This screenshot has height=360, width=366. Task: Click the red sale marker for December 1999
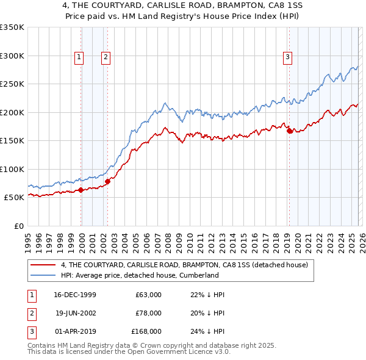click(81, 190)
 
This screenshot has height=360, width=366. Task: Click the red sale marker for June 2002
click(107, 181)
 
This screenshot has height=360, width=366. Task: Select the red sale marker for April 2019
click(289, 130)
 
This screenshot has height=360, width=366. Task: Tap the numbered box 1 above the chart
click(79, 57)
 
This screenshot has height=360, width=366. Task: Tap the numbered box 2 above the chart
click(106, 57)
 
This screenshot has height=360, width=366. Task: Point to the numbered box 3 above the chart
click(287, 57)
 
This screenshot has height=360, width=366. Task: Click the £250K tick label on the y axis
click(12, 84)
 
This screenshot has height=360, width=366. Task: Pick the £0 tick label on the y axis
click(18, 226)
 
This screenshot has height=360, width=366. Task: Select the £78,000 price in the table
click(148, 313)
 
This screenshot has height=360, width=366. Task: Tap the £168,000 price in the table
click(146, 331)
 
